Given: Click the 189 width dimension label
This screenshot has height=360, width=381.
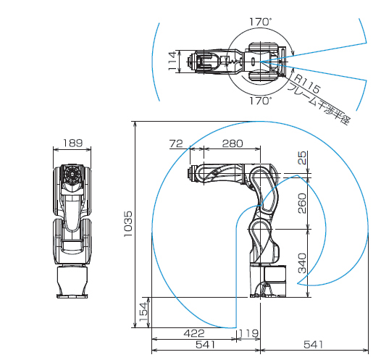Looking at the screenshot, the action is pyautogui.click(x=73, y=143).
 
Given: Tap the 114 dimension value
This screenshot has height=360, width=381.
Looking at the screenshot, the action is pyautogui.click(x=172, y=61).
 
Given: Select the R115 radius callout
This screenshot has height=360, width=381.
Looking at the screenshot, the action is pyautogui.click(x=307, y=84).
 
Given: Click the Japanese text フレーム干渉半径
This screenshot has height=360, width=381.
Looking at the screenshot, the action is pyautogui.click(x=319, y=104).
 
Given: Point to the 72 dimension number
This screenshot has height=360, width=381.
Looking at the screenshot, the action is pyautogui.click(x=176, y=143).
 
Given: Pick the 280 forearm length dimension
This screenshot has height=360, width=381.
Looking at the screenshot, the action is pyautogui.click(x=233, y=143).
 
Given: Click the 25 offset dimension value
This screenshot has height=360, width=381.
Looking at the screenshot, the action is pyautogui.click(x=302, y=158).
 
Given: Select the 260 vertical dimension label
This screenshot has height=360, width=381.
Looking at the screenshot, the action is pyautogui.click(x=302, y=204).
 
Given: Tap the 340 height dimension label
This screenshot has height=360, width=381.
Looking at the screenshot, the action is pyautogui.click(x=302, y=263).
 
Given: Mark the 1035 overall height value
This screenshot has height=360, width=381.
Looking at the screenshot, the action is pyautogui.click(x=127, y=224).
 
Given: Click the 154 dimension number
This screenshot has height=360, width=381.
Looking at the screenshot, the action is pyautogui.click(x=143, y=311).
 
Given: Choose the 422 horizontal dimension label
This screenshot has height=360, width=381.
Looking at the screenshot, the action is pyautogui.click(x=194, y=333).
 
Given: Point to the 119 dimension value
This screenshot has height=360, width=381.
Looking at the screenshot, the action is pyautogui.click(x=248, y=333).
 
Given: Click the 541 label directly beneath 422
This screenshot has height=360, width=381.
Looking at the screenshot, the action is pyautogui.click(x=205, y=345).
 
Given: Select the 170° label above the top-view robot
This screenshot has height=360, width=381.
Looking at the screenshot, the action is pyautogui.click(x=261, y=22).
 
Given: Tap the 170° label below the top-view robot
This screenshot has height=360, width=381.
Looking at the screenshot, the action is pyautogui.click(x=261, y=101).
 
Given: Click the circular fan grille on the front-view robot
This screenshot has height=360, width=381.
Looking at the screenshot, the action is pyautogui.click(x=72, y=174).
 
